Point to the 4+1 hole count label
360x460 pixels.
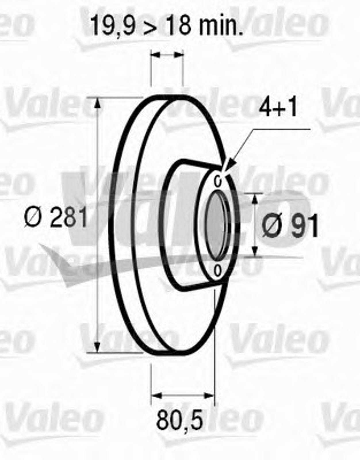278,108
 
